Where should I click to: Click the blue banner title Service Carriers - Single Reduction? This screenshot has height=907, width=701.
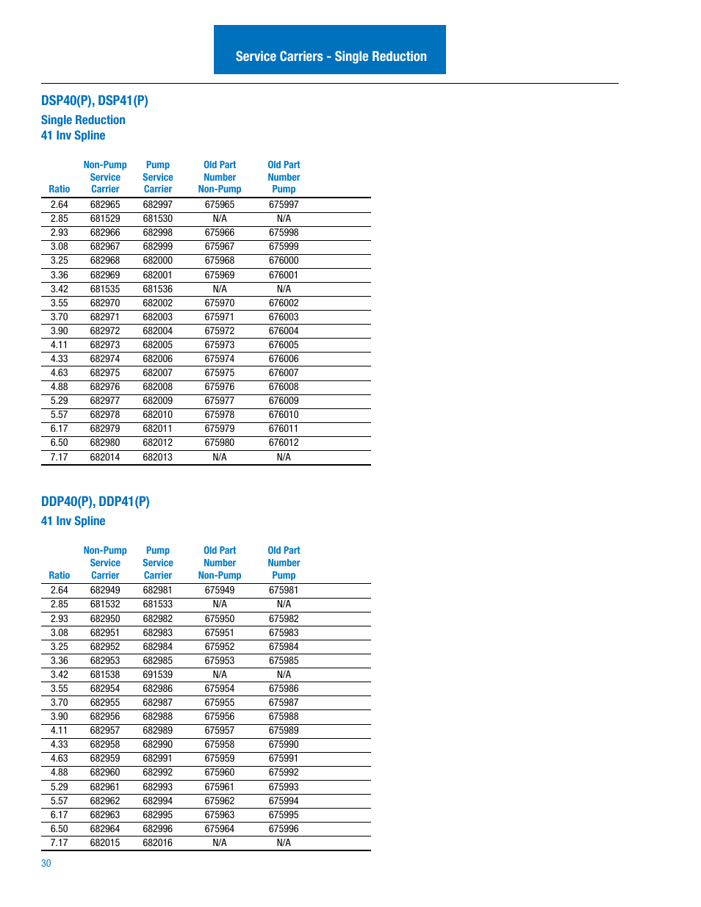tap(331, 57)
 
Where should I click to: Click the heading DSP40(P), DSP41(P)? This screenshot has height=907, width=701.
tap(95, 101)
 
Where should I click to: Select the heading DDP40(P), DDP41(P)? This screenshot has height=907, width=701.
tap(96, 502)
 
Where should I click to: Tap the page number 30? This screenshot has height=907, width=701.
tap(46, 863)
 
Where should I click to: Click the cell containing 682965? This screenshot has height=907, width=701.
tap(105, 205)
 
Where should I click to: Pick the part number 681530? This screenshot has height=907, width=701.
tap(158, 219)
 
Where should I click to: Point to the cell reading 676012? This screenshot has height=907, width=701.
tap(284, 443)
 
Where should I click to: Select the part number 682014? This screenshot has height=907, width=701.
tap(105, 458)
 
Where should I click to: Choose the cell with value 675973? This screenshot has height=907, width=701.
tap(220, 345)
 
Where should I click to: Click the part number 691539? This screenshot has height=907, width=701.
tap(158, 675)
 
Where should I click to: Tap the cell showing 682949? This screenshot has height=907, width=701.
tap(105, 590)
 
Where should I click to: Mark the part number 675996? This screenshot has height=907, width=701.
tap(284, 829)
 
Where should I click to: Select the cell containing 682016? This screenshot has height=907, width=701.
tap(158, 843)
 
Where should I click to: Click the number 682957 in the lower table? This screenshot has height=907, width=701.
tap(105, 731)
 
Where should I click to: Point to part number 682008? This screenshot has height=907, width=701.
tap(158, 387)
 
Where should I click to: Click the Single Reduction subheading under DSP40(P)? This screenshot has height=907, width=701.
tap(83, 120)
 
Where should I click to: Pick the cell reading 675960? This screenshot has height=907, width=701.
tap(220, 773)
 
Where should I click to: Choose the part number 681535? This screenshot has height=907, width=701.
tap(105, 289)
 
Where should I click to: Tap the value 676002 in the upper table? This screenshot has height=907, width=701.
tap(284, 303)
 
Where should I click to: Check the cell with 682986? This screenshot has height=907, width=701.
tap(158, 689)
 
